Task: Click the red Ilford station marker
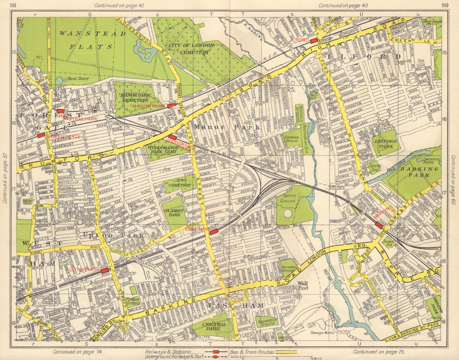[314, 41]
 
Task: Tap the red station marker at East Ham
[213, 232]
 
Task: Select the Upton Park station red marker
[105, 271]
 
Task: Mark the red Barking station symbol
[379, 225]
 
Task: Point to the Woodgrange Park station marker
[172, 137]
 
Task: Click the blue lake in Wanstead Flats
[145, 50]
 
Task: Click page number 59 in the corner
[444, 6]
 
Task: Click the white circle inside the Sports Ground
[287, 213]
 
